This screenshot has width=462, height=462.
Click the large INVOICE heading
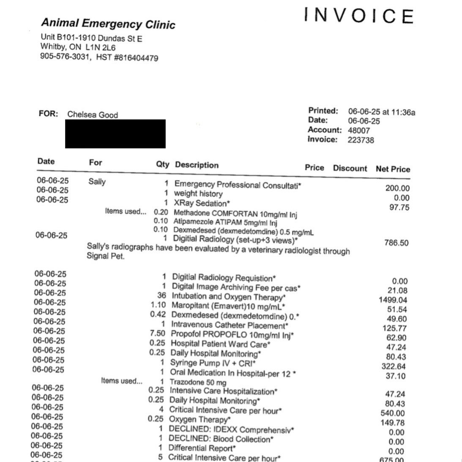click(358, 16)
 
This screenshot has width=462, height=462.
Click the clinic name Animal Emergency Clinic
click(108, 23)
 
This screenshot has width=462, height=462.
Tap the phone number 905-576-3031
click(65, 57)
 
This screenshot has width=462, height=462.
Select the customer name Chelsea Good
click(93, 115)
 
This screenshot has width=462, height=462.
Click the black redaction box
click(115, 134)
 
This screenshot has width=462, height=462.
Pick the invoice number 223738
click(361, 140)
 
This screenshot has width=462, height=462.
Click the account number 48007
click(359, 130)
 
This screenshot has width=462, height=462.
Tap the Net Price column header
click(393, 169)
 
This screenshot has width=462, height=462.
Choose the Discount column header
click(350, 168)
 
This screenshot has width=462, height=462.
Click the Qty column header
click(162, 164)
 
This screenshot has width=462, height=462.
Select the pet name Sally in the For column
click(97, 182)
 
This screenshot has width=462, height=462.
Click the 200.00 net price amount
click(397, 188)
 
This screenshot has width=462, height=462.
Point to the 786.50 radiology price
click(396, 243)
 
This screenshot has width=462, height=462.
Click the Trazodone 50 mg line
click(198, 382)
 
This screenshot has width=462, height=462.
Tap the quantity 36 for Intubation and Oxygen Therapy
click(161, 296)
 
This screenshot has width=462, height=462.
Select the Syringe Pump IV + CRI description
click(213, 363)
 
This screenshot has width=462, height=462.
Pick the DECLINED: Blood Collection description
click(221, 439)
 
